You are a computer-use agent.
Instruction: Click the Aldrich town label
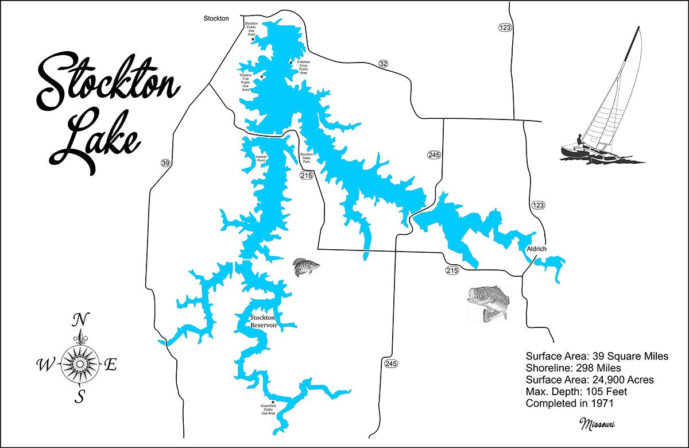click(536, 249)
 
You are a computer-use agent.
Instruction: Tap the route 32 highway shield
click(384, 64)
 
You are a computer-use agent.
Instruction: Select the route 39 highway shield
click(165, 163)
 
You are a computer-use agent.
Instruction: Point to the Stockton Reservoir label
click(263, 321)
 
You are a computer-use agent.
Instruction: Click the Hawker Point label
click(262, 158)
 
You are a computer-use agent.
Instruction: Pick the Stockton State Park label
click(306, 159)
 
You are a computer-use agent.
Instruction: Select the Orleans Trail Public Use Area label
click(245, 82)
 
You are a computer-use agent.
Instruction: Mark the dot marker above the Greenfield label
click(273, 402)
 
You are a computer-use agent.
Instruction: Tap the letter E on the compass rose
click(111, 364)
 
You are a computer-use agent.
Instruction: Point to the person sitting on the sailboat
click(579, 140)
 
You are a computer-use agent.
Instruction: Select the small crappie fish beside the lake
click(304, 268)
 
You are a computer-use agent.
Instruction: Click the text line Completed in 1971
click(570, 404)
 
